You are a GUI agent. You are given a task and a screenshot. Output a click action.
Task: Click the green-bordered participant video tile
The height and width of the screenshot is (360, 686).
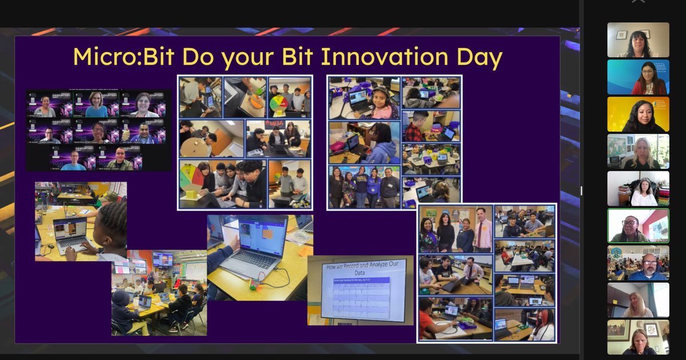(x=638, y=225)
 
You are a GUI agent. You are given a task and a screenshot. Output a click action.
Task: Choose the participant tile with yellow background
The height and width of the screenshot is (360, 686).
(x=638, y=114)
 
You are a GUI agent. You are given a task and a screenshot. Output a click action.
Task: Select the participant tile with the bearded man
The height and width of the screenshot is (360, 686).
(x=638, y=263)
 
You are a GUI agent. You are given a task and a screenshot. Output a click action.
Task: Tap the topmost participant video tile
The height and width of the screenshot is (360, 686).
(x=638, y=40)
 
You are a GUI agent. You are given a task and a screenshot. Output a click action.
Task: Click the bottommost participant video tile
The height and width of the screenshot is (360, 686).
(x=638, y=337)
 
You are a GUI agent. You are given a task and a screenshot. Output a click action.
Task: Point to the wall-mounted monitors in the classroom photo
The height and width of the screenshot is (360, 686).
(x=163, y=259)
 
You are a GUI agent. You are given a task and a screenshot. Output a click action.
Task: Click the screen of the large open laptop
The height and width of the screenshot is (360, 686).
(x=262, y=235)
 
